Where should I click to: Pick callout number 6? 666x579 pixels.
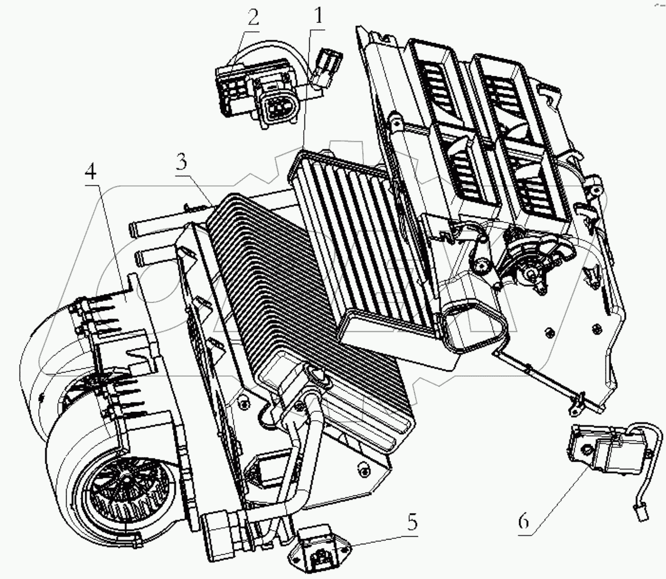click(524, 521)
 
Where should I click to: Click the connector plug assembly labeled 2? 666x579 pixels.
click(259, 97)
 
